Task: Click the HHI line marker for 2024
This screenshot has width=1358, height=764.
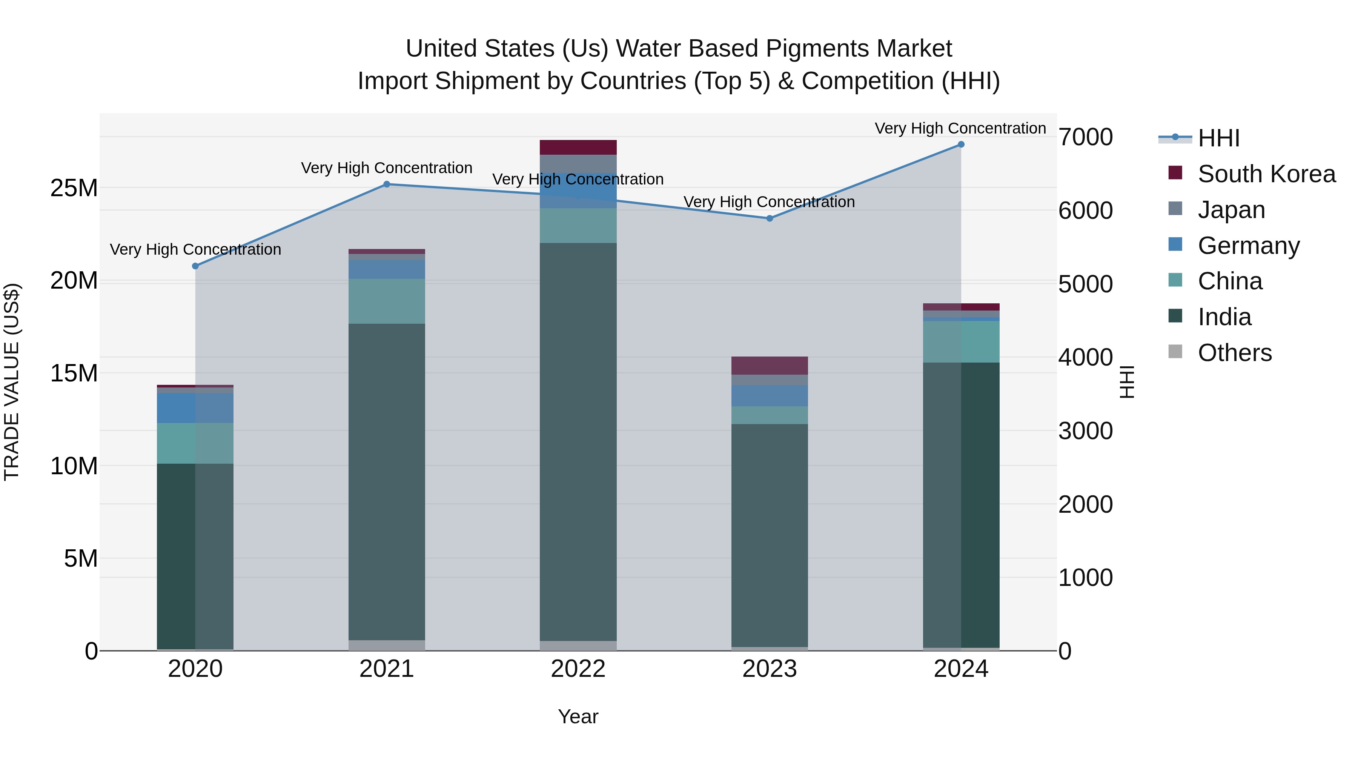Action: [960, 144]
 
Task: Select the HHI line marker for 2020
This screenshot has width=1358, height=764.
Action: [195, 266]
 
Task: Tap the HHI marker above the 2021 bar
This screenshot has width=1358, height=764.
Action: [386, 184]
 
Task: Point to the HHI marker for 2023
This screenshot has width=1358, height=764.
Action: [769, 218]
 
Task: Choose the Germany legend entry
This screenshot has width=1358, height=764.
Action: [1248, 246]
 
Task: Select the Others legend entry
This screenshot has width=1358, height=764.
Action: [1234, 353]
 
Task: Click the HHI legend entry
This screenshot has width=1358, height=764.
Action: [1218, 138]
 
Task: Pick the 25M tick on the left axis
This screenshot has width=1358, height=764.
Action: [74, 188]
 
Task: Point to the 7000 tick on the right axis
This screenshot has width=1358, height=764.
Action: [1085, 137]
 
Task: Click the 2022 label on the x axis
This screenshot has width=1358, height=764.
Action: [578, 669]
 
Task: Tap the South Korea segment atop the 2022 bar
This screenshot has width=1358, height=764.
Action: [578, 147]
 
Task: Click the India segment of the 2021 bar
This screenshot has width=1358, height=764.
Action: [386, 480]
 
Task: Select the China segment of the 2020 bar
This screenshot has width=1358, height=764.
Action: [195, 443]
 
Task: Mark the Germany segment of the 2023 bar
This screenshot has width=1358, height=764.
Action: [769, 395]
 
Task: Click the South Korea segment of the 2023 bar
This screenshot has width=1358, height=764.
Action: [769, 365]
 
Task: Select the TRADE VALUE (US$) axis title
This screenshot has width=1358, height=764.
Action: [12, 382]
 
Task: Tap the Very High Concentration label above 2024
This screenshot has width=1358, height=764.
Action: [960, 128]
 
